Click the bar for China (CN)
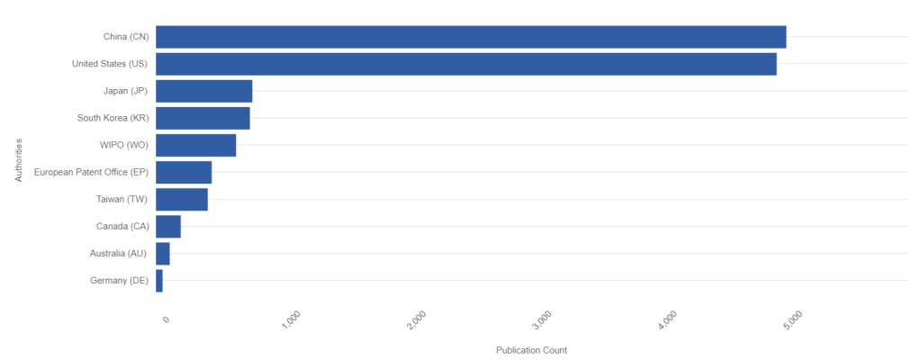[470, 37]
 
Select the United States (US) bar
[466, 64]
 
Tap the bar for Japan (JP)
[203, 91]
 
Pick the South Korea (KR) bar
[203, 118]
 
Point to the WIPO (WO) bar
[195, 145]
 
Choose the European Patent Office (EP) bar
[184, 172]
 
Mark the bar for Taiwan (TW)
[182, 199]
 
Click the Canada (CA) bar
[168, 226]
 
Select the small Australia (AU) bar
[163, 253]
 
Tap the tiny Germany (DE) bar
[159, 280]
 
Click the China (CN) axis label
[126, 37]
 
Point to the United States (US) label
[110, 64]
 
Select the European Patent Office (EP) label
[91, 172]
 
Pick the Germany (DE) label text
[120, 280]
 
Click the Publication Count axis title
[531, 350]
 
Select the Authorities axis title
[18, 159]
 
